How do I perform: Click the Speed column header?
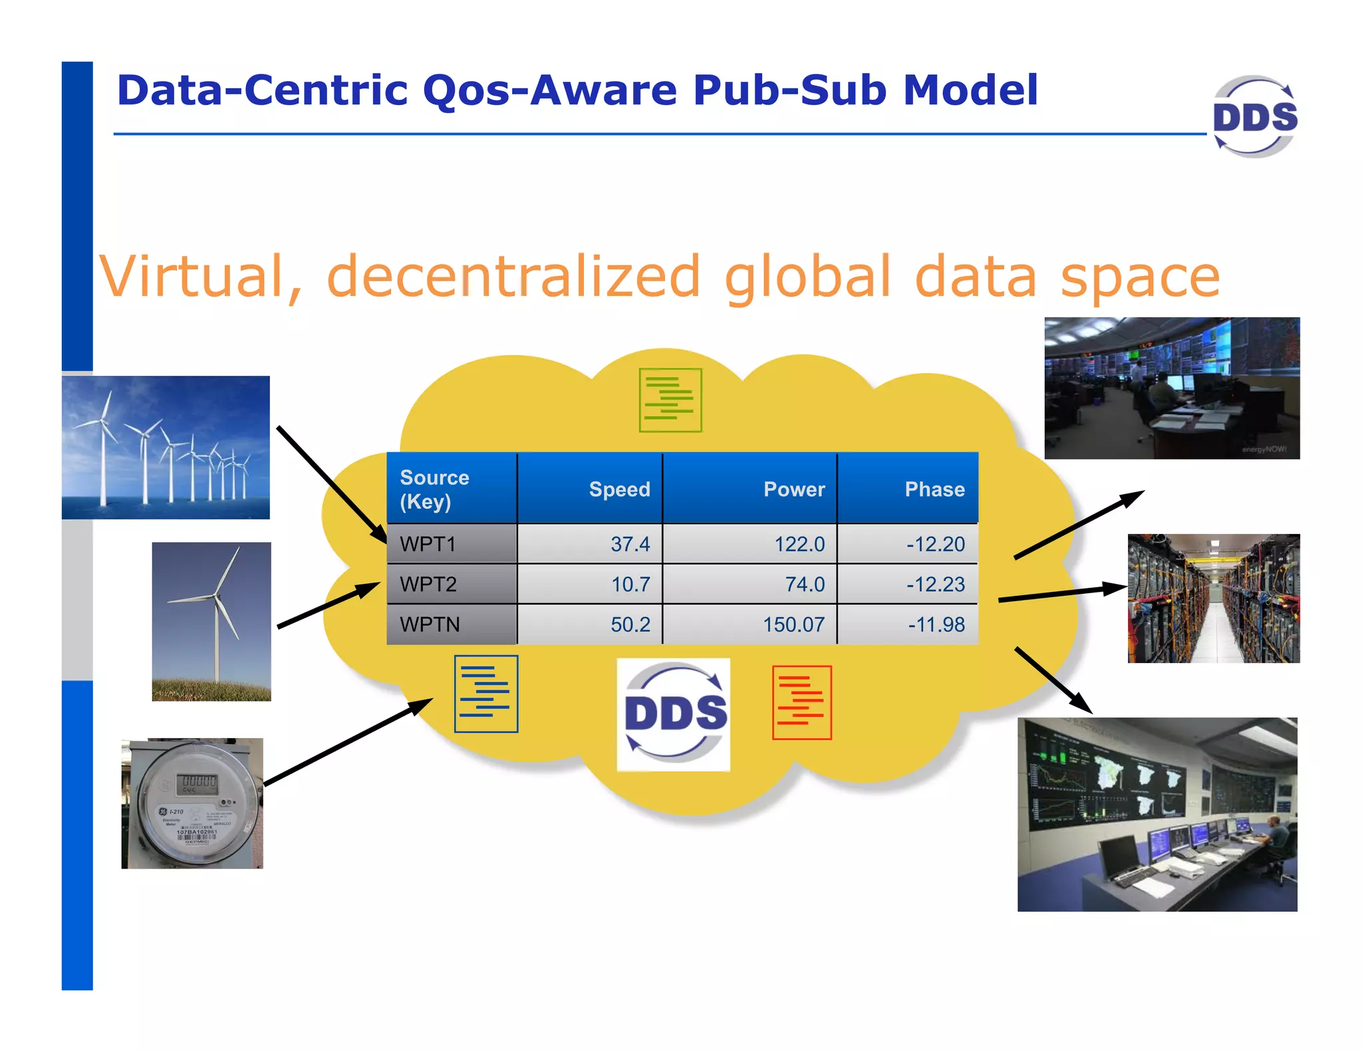point(619,489)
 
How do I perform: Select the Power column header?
point(793,489)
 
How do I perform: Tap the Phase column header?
point(934,489)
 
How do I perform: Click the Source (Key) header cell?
point(435,489)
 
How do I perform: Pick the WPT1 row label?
point(428,544)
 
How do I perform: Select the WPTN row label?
point(430,624)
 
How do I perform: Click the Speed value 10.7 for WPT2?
point(630,585)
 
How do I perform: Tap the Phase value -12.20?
point(935,544)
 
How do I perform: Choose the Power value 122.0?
point(799,544)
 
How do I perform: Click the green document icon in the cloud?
point(670,400)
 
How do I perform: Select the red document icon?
point(801,702)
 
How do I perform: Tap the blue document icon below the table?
point(486,694)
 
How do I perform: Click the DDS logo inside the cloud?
point(674,714)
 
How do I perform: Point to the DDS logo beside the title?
point(1254,116)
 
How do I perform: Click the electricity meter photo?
point(192,803)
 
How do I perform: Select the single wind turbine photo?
point(211,621)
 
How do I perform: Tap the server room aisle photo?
point(1213,598)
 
